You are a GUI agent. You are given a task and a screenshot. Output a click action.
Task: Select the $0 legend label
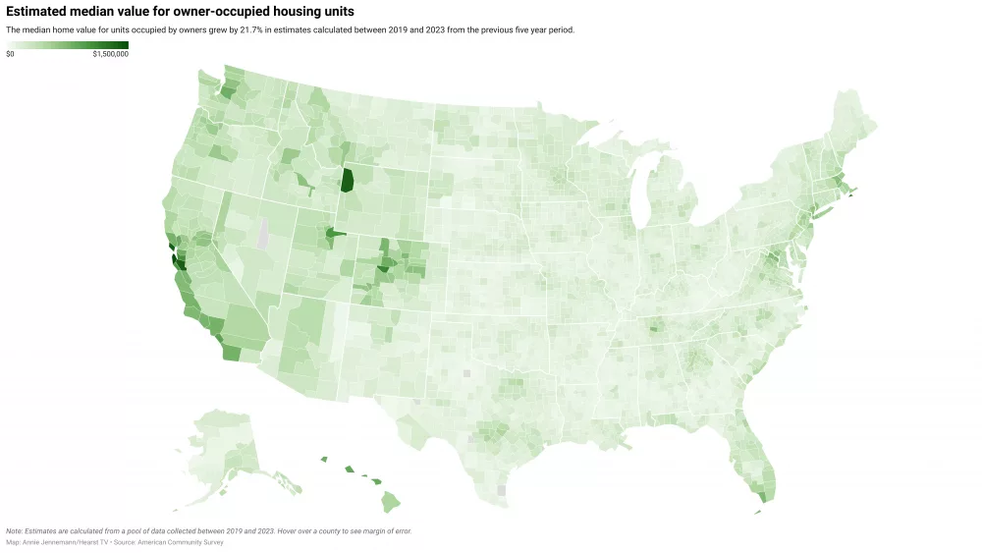(x=10, y=54)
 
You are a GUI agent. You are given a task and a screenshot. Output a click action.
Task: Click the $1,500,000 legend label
(x=110, y=54)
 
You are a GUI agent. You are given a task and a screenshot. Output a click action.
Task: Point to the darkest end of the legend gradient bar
(x=125, y=44)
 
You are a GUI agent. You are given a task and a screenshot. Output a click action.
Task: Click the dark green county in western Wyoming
(x=347, y=180)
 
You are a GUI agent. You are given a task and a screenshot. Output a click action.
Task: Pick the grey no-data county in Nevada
(x=261, y=237)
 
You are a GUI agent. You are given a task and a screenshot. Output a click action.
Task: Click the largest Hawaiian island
(x=391, y=502)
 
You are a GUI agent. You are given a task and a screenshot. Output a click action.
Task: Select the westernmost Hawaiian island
(x=323, y=458)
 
